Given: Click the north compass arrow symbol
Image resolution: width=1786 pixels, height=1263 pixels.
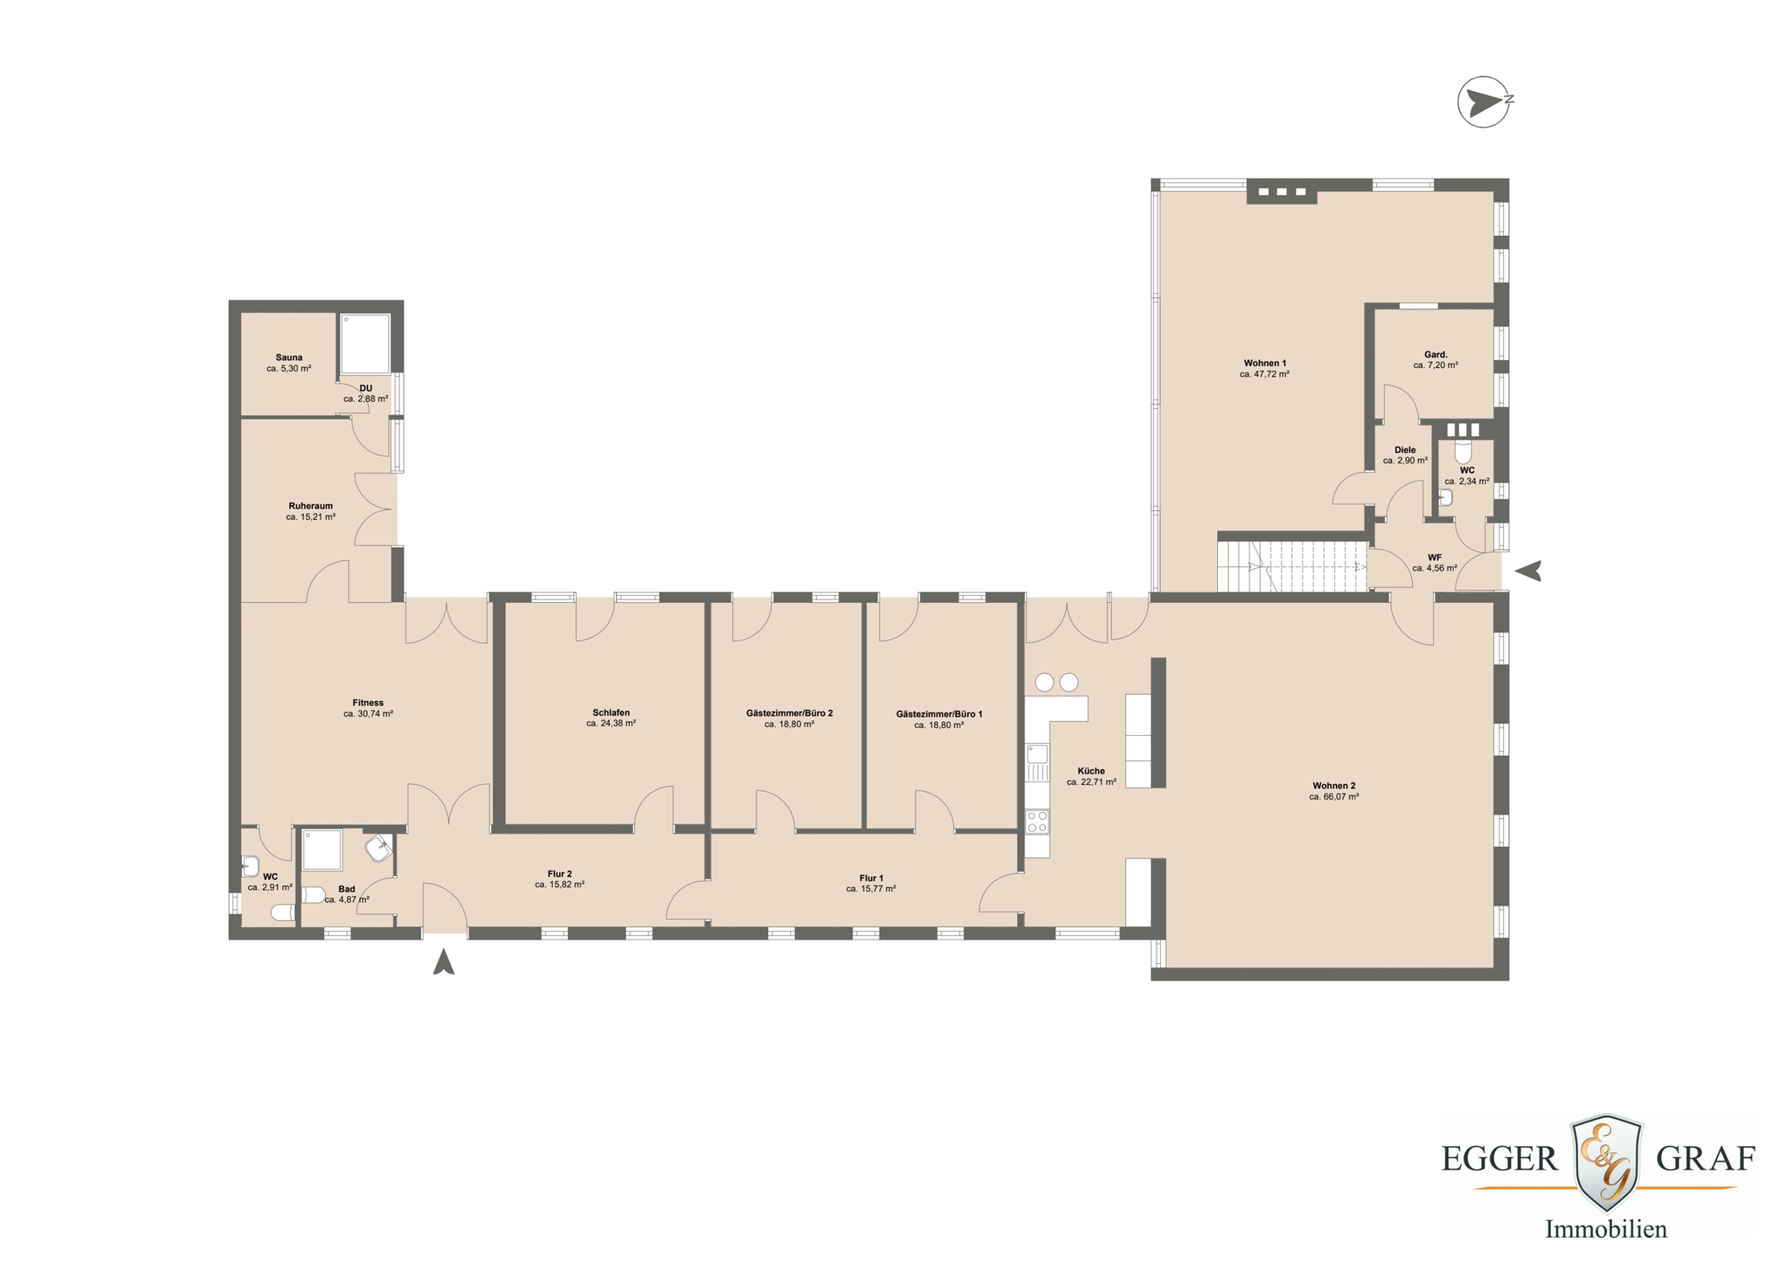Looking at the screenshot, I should pos(1483,102).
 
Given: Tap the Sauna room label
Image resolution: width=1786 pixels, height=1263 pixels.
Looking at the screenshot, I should pos(288,357).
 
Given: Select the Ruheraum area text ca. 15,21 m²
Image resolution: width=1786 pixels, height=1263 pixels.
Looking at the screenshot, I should pos(310,517).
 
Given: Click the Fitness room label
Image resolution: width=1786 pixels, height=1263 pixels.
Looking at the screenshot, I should pos(368,703).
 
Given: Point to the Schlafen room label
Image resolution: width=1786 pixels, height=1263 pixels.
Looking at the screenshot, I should pos(611,713).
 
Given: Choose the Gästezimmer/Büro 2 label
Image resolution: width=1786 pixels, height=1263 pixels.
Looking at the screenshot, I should pos(789,713).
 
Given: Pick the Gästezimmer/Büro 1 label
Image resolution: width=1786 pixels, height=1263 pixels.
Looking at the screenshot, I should pos(939,714).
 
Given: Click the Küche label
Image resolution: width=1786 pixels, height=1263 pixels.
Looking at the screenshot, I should pos(1090,771).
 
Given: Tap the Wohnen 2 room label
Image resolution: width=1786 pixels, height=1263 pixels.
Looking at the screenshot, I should pos(1333,786).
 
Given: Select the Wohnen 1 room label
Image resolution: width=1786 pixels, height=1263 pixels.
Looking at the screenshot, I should pos(1264,364).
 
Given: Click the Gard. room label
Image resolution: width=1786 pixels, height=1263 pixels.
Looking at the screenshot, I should pos(1435,355).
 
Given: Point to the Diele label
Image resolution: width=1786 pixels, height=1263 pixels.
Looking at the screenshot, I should pos(1405,450).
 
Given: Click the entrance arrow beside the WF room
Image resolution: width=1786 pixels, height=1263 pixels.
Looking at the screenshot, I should pos(1528,571).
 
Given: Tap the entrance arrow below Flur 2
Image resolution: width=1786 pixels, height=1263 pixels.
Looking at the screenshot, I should pos(444,962).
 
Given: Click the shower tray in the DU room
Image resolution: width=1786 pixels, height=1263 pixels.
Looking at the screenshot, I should pos(365,343).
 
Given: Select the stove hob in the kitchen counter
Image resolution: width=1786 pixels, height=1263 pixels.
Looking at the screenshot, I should pos(1037,822).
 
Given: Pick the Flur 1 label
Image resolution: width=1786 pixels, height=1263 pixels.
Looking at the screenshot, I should pos(871,878).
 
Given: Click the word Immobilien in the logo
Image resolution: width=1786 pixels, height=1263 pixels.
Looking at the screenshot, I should pos(1606,1229).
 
